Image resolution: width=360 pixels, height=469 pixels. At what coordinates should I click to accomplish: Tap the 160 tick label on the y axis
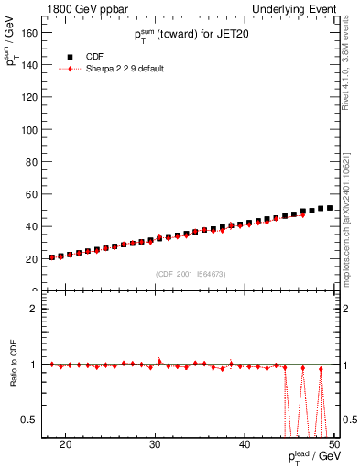pyautogui.click(x=30, y=32)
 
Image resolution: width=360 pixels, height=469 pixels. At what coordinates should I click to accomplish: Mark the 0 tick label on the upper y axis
pyautogui.click(x=37, y=290)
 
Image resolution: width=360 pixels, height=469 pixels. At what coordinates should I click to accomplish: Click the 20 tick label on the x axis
pyautogui.click(x=65, y=443)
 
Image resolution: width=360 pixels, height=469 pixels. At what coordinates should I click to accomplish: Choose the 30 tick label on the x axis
pyautogui.click(x=155, y=443)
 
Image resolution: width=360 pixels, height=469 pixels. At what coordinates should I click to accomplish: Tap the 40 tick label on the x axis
pyautogui.click(x=245, y=443)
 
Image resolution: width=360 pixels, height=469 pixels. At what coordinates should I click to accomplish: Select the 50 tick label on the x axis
pyautogui.click(x=333, y=443)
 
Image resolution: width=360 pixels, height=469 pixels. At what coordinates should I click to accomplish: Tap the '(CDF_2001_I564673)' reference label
pyautogui.click(x=191, y=274)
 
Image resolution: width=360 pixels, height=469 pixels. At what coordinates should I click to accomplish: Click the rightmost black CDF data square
pyautogui.click(x=329, y=208)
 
